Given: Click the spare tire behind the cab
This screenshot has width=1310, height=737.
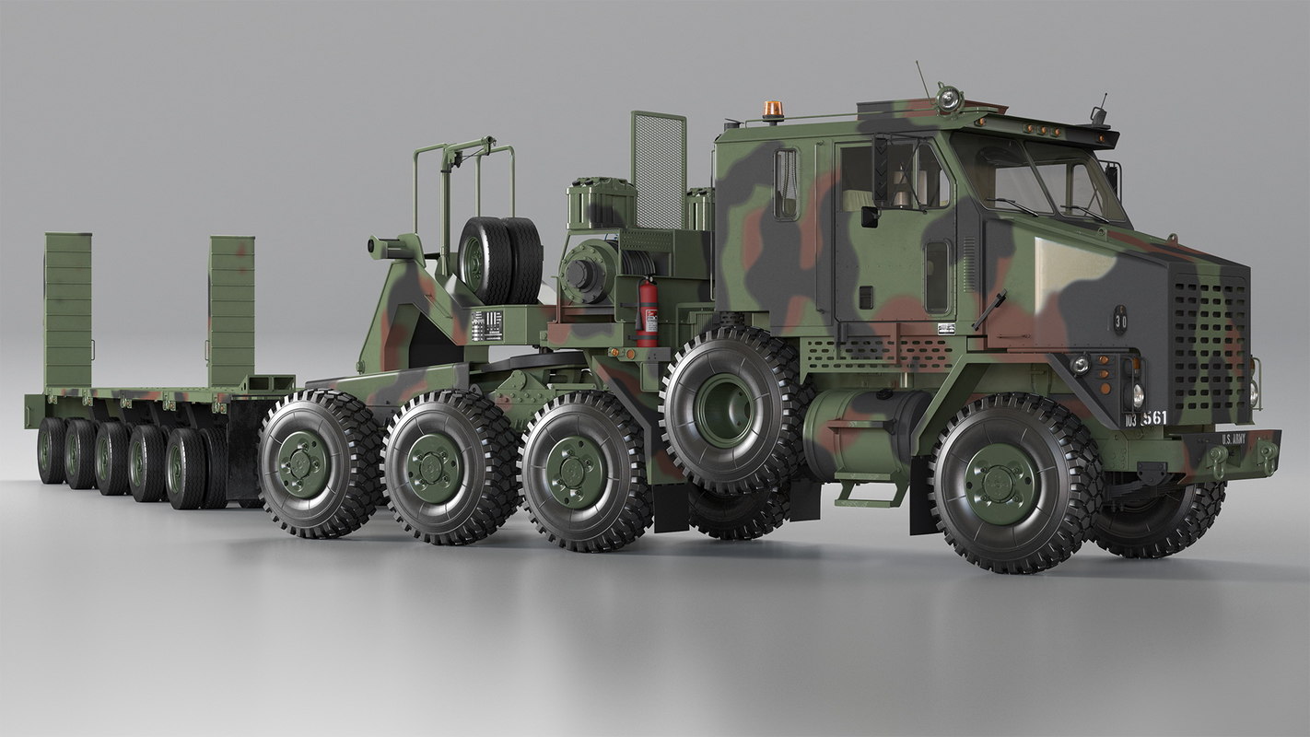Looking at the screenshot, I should coord(500,260).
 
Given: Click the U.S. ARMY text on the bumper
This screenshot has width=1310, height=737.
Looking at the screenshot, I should coord(1233,439).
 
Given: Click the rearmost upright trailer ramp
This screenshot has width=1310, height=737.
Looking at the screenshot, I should coord(68,310).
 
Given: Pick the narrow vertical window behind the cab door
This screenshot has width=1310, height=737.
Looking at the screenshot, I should coord(785,184).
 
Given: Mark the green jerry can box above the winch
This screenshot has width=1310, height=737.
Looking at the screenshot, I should coord(601,203).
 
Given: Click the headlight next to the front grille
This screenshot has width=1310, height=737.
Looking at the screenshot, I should coord(1137,394).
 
